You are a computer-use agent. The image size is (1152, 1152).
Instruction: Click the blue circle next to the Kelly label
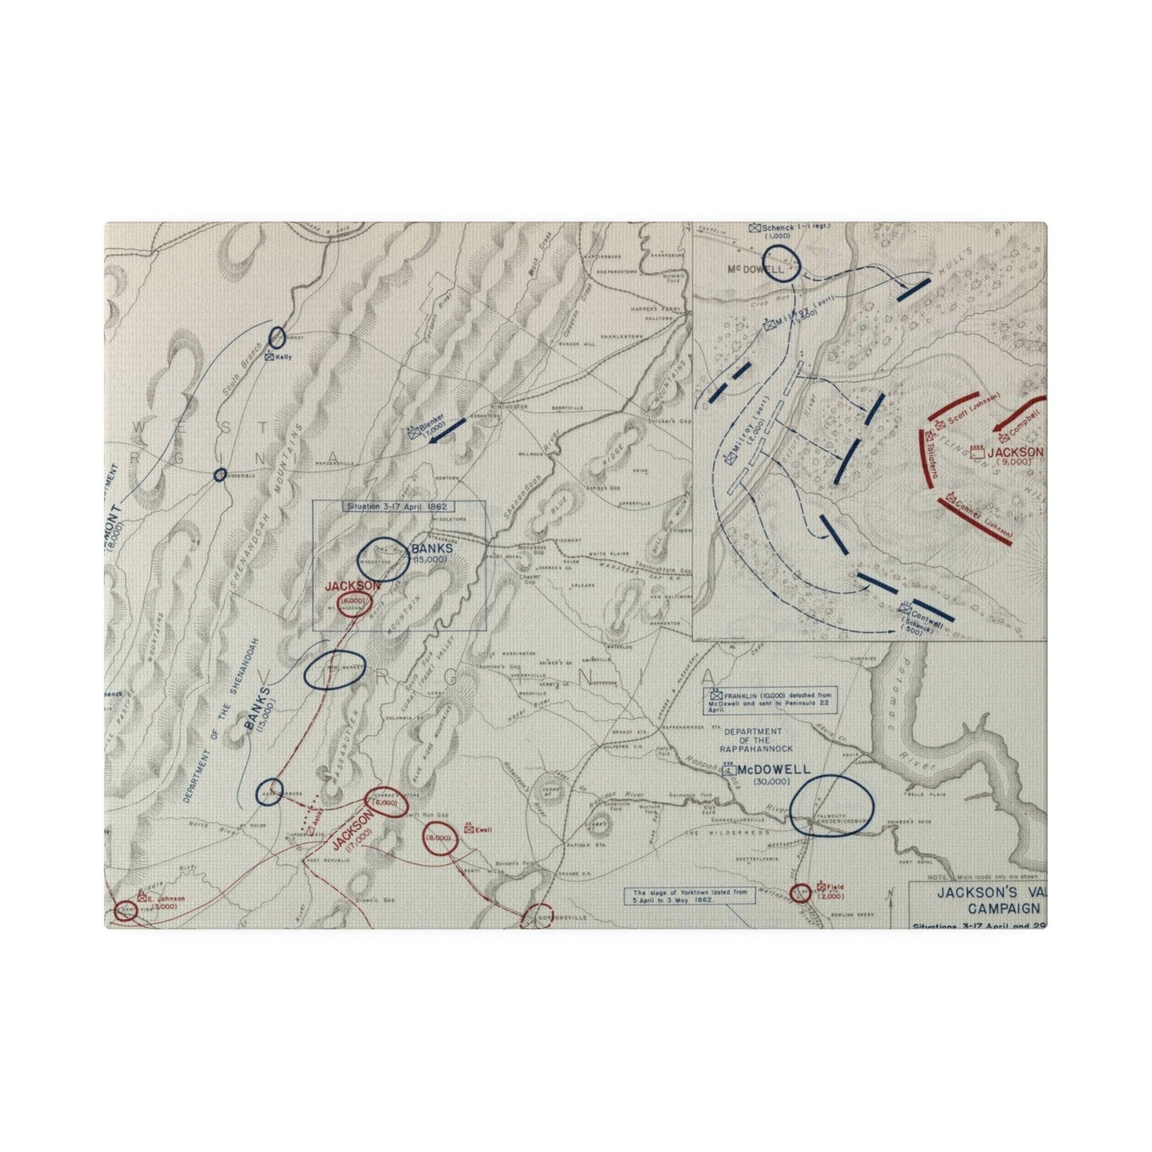(x=277, y=337)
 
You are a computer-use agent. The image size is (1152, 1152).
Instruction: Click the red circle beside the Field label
(x=800, y=893)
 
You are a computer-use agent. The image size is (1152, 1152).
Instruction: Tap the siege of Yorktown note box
(x=690, y=895)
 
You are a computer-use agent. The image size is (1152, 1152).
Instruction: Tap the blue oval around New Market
(x=335, y=670)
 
